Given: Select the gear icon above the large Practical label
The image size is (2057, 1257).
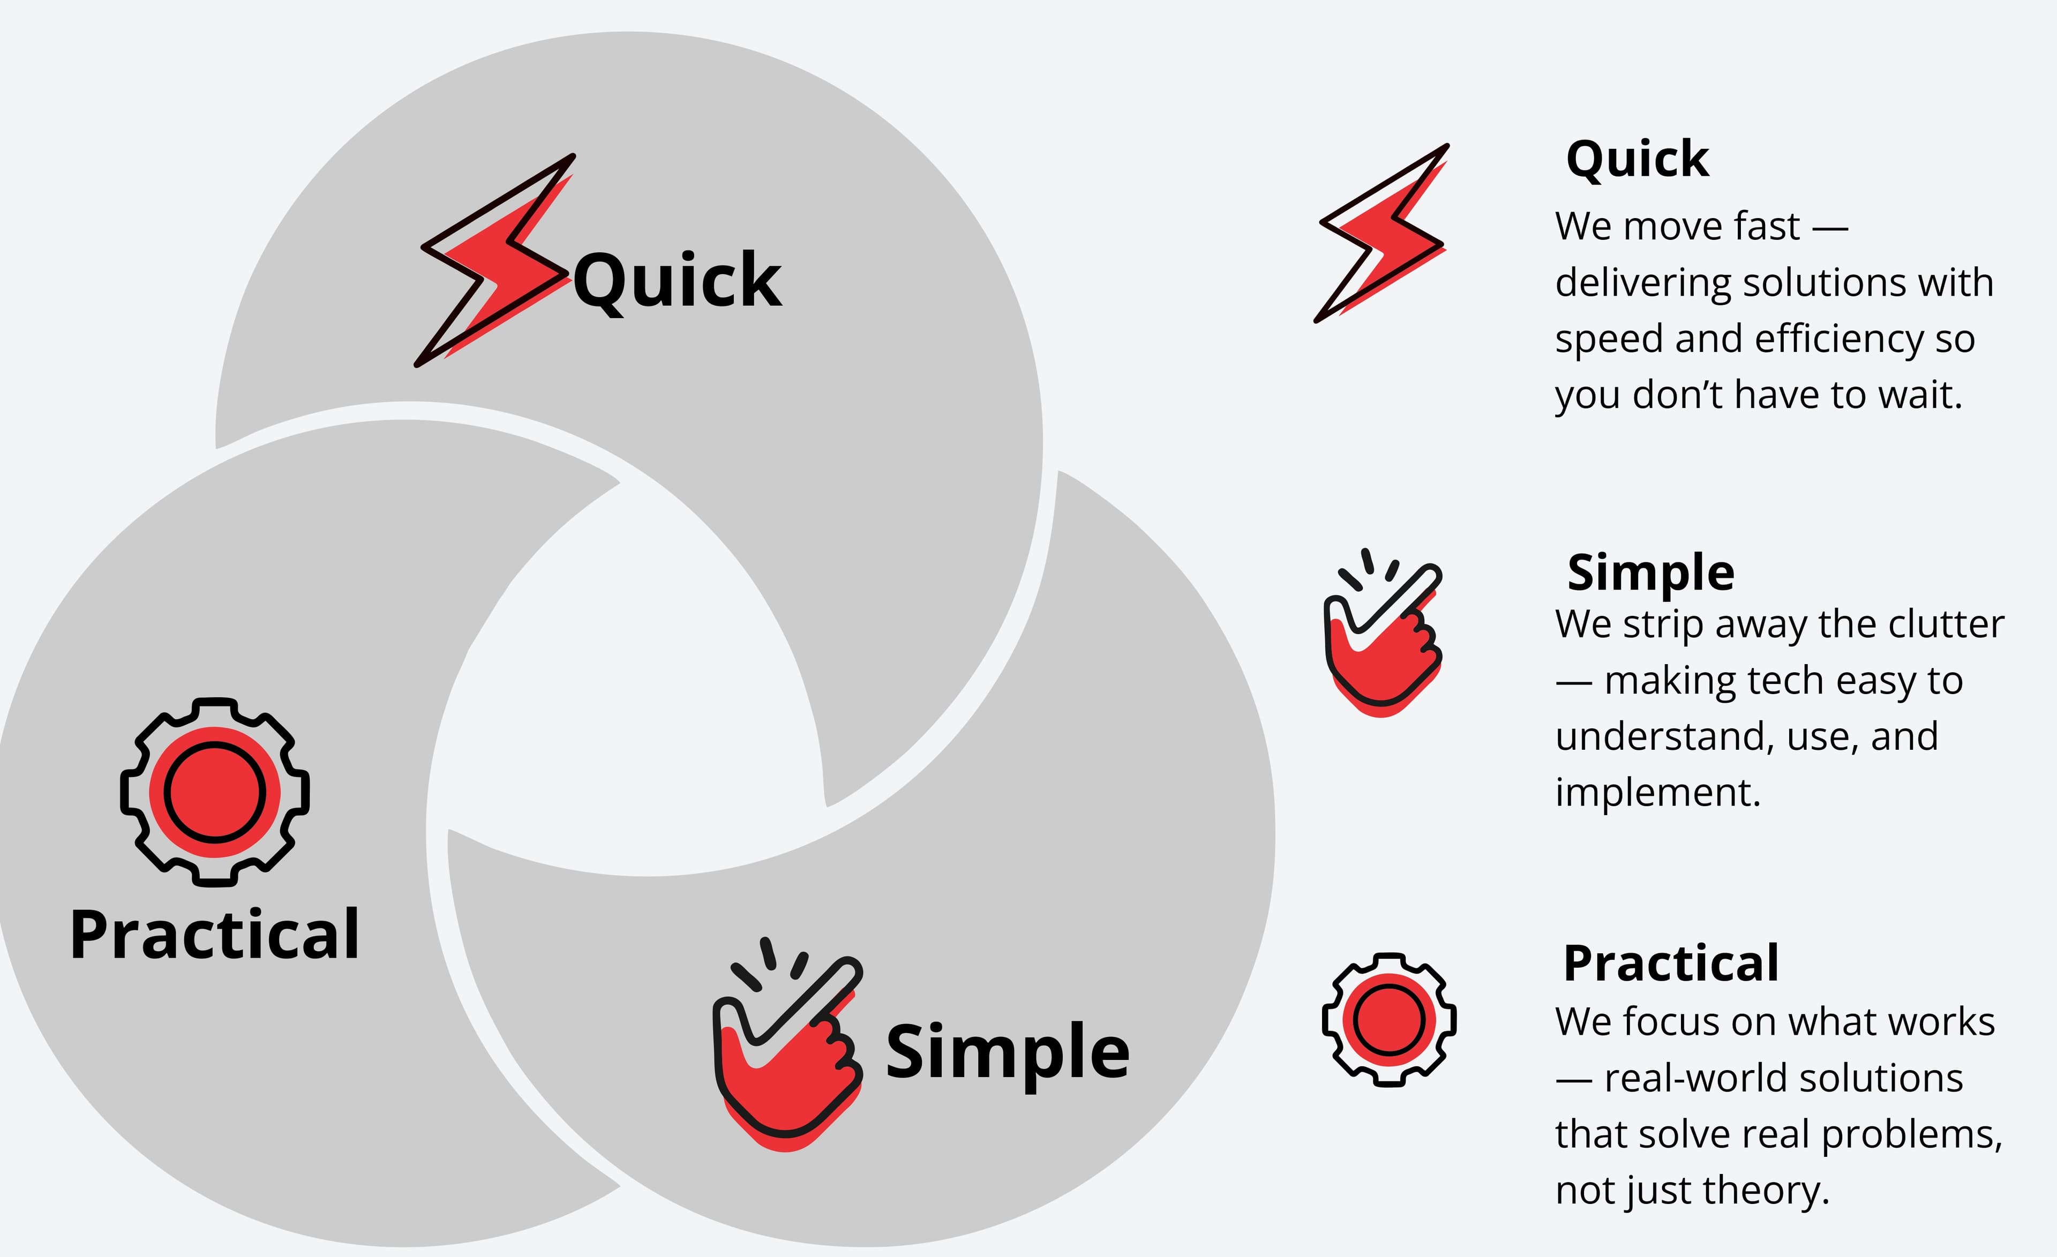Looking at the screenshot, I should (215, 791).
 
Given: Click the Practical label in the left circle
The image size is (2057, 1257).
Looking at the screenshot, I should (215, 935).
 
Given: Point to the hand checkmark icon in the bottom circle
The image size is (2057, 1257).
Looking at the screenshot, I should (786, 1048).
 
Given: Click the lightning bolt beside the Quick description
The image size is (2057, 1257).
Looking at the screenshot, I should (1382, 234).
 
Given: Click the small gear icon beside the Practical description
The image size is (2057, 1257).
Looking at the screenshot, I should (1389, 1019).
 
